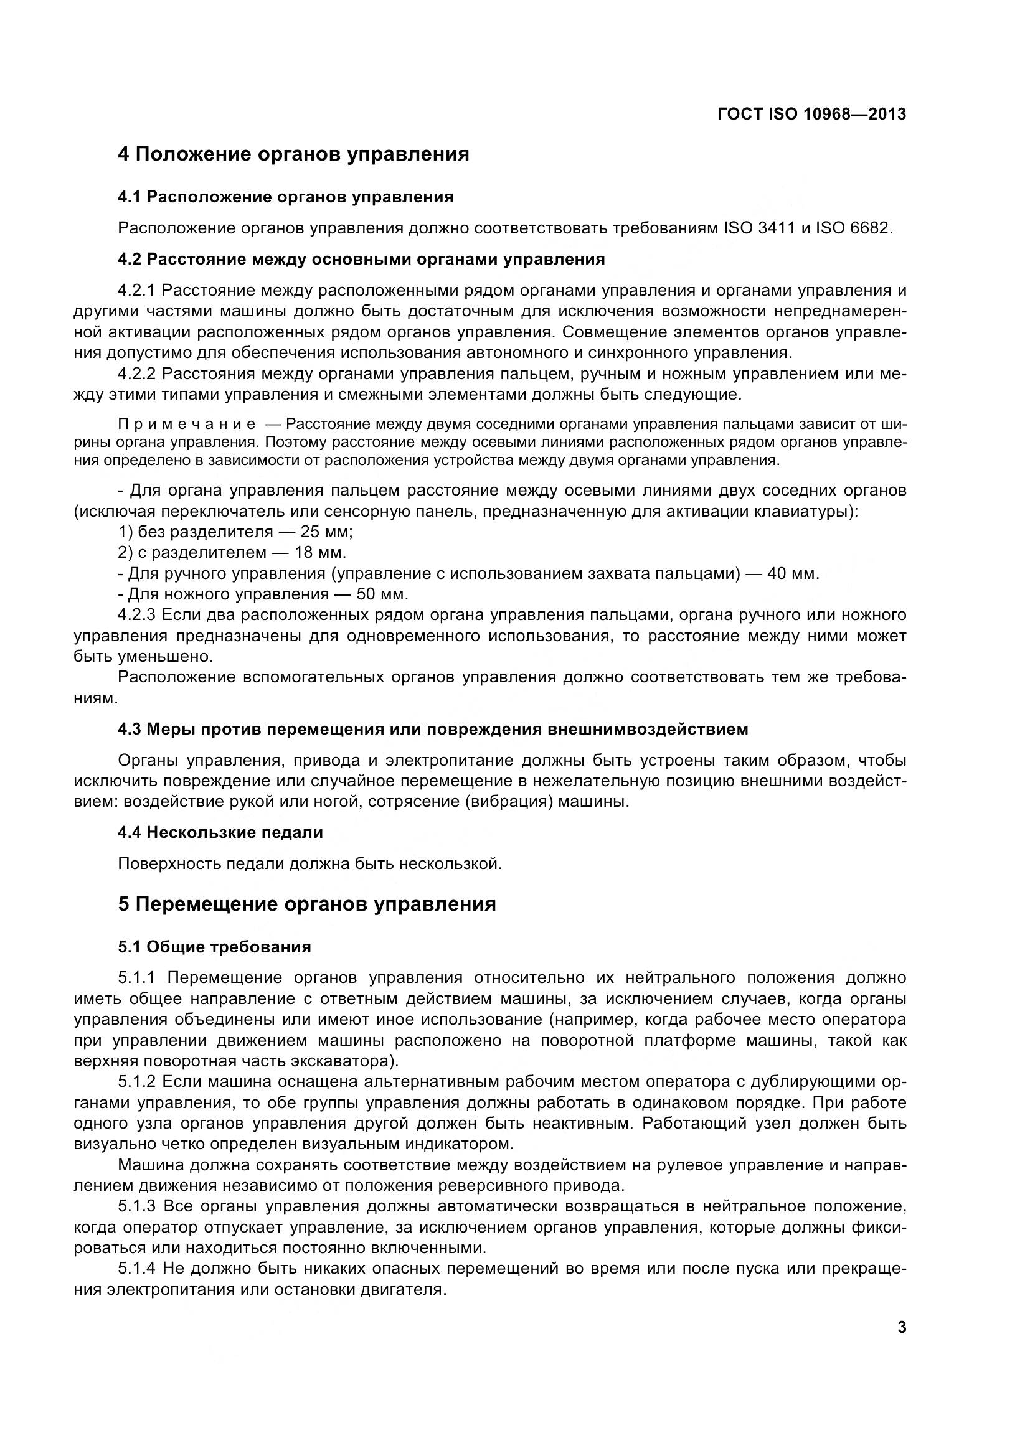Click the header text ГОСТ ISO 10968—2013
(811, 114)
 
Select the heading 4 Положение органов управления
(293, 154)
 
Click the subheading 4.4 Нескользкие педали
(220, 832)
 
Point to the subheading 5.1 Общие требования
(214, 947)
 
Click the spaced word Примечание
(187, 425)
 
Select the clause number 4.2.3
(136, 615)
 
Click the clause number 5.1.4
(136, 1269)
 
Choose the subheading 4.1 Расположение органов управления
(285, 197)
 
